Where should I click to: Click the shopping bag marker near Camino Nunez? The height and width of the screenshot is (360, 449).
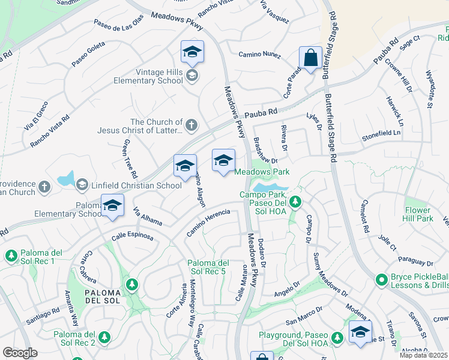tap(310, 58)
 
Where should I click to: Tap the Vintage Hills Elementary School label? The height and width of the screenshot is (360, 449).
tap(158, 76)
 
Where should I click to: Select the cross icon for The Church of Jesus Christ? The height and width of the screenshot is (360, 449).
tap(191, 125)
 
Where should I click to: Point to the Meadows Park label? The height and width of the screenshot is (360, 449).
tap(262, 172)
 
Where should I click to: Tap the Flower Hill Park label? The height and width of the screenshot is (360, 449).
tap(418, 215)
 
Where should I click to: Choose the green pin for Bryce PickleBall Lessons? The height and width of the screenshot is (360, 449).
tap(380, 280)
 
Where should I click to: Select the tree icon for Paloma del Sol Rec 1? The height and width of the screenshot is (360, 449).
tap(11, 256)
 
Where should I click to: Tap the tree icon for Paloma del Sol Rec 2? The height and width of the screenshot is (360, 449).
tap(105, 338)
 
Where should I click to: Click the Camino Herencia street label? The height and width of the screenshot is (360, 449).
tap(208, 222)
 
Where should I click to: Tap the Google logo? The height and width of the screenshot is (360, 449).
tap(20, 353)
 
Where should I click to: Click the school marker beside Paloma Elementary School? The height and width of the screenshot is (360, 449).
tap(112, 205)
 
